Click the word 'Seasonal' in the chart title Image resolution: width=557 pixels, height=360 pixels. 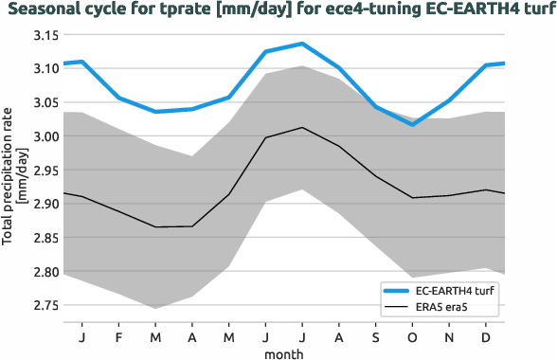click(42, 10)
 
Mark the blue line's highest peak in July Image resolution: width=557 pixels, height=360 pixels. click(301, 44)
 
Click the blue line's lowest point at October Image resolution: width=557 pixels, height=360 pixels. click(412, 124)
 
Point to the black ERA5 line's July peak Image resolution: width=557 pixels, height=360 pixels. click(301, 128)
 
